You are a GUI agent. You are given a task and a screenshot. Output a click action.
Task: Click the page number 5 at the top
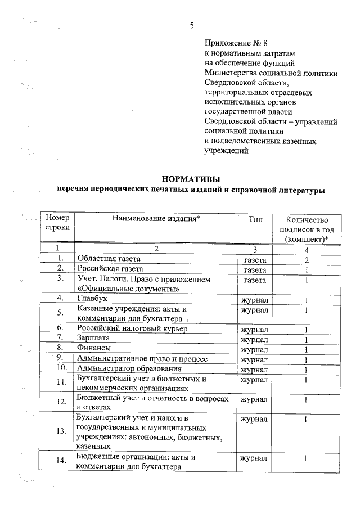[192, 25]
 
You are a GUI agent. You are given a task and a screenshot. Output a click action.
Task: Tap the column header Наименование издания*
[156, 219]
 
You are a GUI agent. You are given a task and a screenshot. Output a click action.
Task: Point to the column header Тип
[255, 219]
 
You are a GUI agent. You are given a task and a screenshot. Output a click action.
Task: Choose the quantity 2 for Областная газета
[307, 260]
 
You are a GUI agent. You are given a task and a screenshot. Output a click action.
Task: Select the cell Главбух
[92, 298]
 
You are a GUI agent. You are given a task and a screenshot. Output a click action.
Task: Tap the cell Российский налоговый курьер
[132, 328]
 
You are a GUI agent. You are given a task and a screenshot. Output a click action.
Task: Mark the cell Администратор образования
[129, 368]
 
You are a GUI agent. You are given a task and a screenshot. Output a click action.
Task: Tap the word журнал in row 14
[254, 460]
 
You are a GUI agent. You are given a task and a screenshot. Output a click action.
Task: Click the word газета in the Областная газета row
[255, 260]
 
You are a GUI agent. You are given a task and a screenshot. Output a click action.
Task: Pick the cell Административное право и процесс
[142, 358]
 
